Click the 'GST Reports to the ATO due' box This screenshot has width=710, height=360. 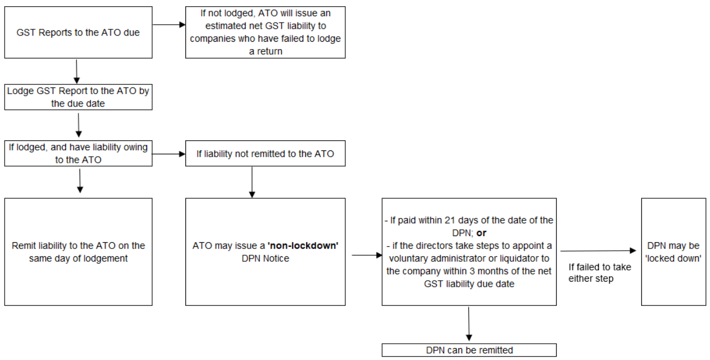78,32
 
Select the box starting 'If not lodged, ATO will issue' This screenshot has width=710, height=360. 265,32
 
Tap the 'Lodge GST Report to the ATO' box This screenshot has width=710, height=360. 78,97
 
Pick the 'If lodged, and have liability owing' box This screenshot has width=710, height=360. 78,153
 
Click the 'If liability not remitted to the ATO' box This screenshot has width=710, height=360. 265,154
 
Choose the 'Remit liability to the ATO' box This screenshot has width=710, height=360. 78,252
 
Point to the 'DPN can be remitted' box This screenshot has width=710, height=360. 469,350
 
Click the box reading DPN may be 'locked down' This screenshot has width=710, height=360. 673,252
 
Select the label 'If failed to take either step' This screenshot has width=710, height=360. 599,273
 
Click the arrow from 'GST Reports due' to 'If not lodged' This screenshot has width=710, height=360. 169,25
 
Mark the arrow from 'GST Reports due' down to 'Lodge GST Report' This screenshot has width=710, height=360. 76,72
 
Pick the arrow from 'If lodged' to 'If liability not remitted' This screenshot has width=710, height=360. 169,153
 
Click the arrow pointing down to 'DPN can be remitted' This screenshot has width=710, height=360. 469,324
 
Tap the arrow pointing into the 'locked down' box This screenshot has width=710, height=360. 598,251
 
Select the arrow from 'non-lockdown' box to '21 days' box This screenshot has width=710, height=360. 366,255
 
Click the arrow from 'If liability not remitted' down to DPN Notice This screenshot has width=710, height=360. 251,181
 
